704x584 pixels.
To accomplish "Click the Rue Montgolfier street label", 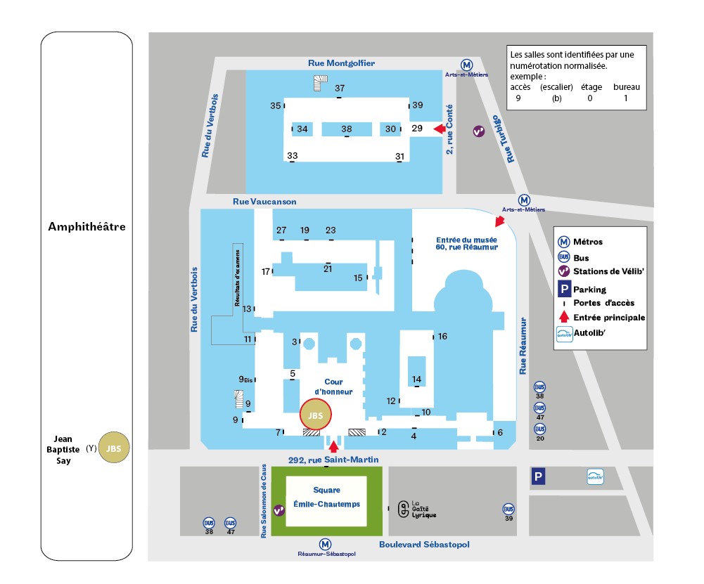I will (x=341, y=63).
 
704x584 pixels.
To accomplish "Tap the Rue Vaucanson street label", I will (x=264, y=202).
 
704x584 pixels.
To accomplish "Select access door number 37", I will (x=340, y=89).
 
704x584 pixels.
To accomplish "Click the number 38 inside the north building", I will (x=347, y=129).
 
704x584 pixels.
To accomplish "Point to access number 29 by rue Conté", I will (x=417, y=129).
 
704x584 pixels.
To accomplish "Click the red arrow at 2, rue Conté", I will (x=440, y=129).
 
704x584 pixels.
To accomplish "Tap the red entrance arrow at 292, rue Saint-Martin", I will (x=334, y=444).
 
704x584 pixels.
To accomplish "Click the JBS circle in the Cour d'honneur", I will (x=316, y=415).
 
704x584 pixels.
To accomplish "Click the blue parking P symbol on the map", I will (x=538, y=478).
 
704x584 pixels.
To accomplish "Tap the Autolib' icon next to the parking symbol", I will (x=595, y=477).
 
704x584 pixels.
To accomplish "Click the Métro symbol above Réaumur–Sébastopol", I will (x=325, y=543).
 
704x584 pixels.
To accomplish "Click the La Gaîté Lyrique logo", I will (x=404, y=509).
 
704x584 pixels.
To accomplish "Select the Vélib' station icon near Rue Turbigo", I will (x=479, y=131).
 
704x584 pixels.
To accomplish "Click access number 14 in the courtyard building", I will (x=417, y=379).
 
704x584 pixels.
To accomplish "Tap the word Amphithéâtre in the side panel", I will (x=87, y=227).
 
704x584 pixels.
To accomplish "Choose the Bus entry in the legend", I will (x=581, y=258).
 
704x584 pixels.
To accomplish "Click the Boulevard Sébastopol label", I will (x=424, y=545).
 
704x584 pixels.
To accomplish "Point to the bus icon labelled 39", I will (x=508, y=509).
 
